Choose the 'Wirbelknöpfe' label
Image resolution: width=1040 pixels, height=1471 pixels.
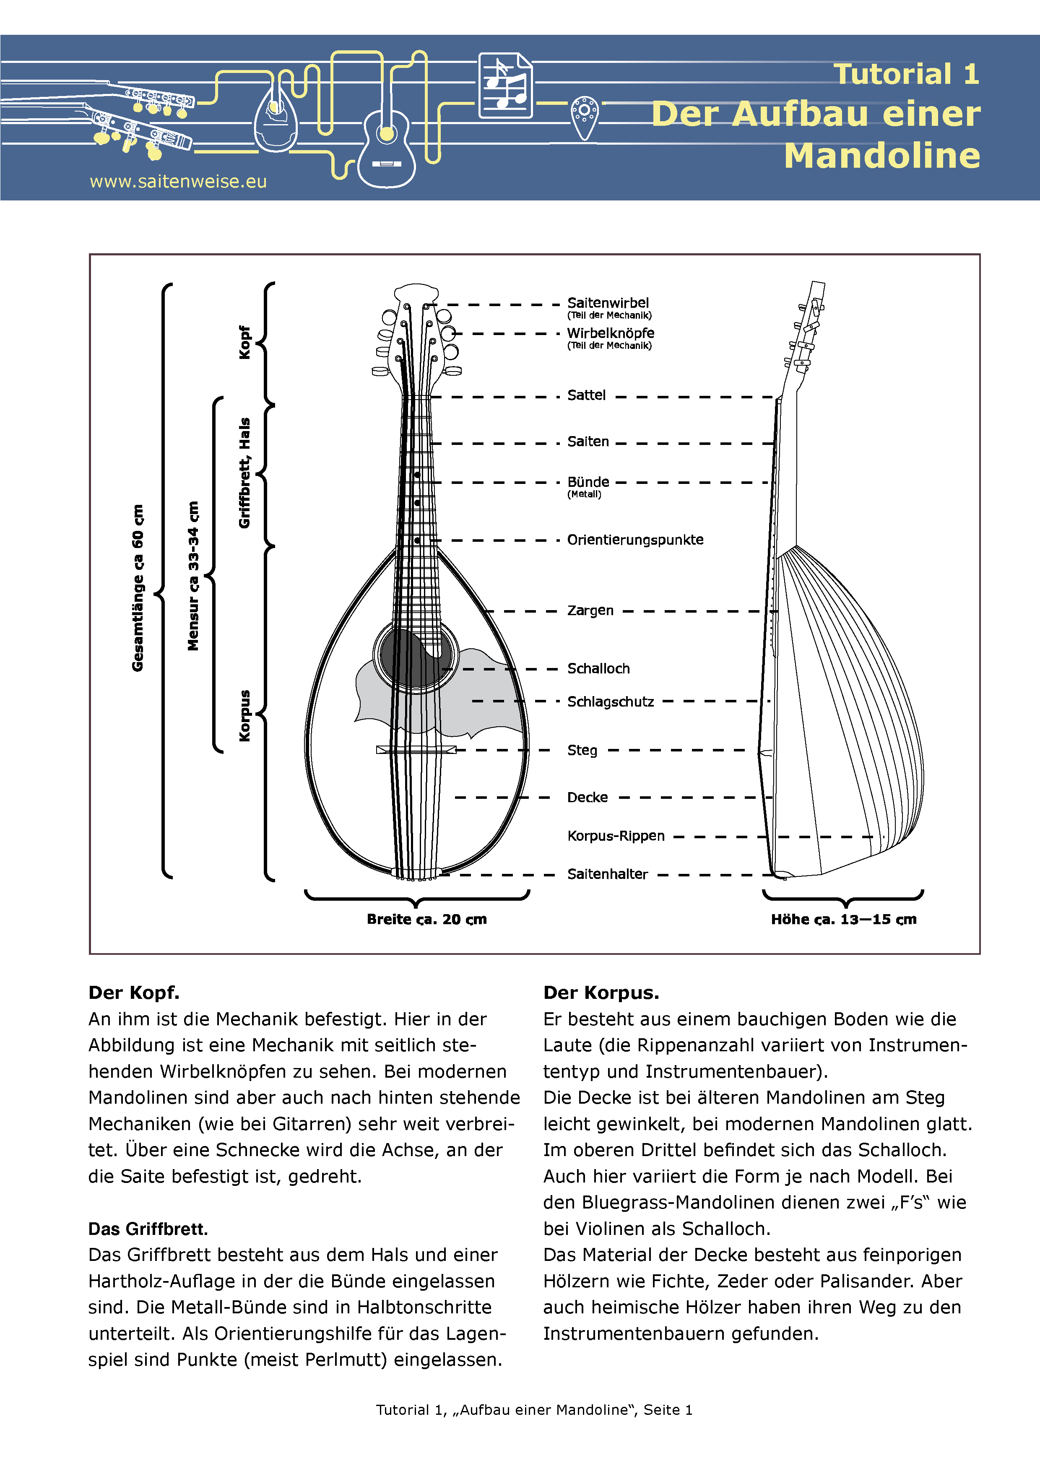(610, 333)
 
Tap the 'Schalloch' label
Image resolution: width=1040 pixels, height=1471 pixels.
(598, 669)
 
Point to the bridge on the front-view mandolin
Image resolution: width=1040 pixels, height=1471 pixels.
(416, 750)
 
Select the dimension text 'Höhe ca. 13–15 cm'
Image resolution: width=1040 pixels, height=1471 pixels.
(843, 919)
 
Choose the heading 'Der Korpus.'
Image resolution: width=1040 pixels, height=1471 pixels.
(601, 993)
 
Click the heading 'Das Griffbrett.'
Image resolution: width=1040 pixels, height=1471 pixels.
(148, 1229)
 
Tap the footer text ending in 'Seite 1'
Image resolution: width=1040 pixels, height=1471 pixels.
(534, 1409)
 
